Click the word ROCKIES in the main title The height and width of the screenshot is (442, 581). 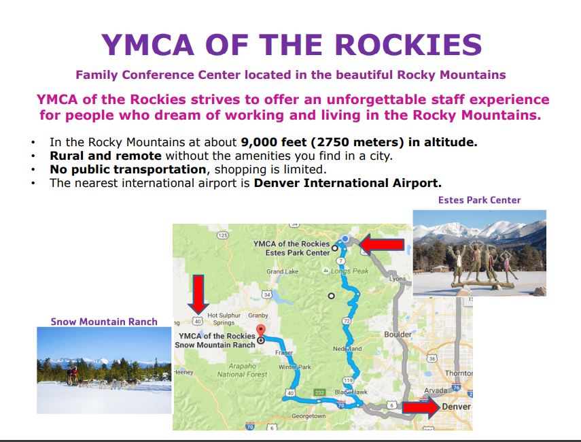click(408, 45)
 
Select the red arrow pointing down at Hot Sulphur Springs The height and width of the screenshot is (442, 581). click(198, 294)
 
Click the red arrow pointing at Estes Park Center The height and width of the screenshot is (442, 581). click(382, 244)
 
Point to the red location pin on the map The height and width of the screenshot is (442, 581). click(261, 330)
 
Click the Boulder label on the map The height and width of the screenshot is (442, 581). click(398, 335)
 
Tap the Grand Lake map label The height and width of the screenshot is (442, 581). click(283, 271)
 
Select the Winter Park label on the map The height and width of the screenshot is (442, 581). click(295, 367)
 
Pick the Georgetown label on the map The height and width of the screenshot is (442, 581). click(309, 416)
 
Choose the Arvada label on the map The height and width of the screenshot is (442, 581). click(436, 390)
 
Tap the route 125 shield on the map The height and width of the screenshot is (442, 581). click(222, 235)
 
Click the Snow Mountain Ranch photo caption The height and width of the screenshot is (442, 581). click(104, 322)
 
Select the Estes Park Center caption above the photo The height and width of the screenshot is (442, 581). click(480, 200)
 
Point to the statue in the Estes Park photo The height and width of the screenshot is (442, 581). click(480, 265)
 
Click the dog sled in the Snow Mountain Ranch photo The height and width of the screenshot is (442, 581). click(73, 375)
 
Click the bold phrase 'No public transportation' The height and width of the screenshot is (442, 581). click(128, 169)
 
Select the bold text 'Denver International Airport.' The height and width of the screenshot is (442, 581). click(347, 183)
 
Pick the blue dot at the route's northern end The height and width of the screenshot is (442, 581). click(345, 239)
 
